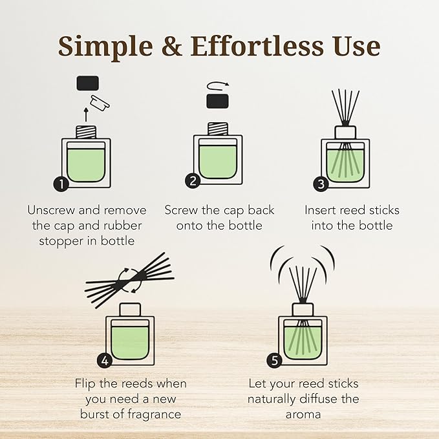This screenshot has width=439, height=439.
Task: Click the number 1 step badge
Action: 61,184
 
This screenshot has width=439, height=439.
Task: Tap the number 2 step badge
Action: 193,181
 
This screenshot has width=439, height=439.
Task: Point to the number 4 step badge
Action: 104,359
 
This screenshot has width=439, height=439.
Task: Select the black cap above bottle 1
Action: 87,83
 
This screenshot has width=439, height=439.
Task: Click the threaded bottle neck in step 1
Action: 86,131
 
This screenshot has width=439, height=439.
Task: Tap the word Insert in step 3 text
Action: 322,210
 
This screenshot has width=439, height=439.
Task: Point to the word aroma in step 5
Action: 303,414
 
